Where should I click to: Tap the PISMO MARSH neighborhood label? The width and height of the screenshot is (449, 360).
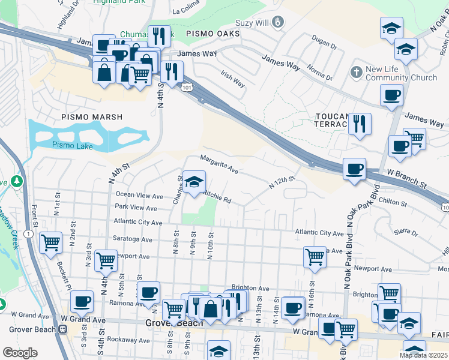tap(91, 117)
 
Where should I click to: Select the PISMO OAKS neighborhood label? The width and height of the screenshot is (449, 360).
tap(212, 34)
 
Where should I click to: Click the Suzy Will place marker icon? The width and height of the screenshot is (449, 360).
tap(277, 23)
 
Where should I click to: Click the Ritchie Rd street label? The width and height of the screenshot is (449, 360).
tap(217, 197)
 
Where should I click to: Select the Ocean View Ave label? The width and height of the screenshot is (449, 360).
tap(139, 195)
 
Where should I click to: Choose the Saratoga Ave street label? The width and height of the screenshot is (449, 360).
tap(133, 238)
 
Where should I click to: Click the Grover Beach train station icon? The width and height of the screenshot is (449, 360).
tap(62, 328)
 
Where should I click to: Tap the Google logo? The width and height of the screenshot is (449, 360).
tap(20, 353)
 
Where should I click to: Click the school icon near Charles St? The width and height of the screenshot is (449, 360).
tap(194, 182)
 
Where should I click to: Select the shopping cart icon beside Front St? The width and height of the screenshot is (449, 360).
tap(50, 242)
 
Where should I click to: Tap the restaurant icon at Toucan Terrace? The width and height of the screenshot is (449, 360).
tap(360, 124)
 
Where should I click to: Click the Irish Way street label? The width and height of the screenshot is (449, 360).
tap(233, 79)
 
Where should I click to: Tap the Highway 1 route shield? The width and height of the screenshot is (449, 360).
tap(29, 233)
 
